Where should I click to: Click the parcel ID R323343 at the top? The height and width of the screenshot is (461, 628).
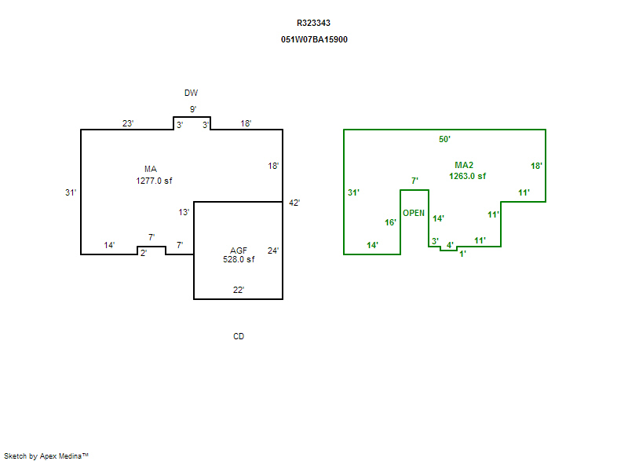click(313, 24)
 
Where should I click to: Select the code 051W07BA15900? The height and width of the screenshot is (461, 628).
click(313, 39)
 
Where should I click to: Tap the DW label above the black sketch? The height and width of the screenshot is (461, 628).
click(192, 93)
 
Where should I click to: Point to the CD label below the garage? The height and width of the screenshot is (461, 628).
click(239, 337)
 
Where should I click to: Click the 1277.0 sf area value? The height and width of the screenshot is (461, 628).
click(154, 181)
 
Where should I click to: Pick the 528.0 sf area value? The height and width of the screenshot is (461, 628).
click(239, 259)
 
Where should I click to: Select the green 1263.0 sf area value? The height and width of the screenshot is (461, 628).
click(467, 177)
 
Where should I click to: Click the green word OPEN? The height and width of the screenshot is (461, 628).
click(414, 214)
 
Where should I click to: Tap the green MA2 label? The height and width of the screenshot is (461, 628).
click(464, 166)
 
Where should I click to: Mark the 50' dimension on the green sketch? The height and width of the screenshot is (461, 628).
click(444, 140)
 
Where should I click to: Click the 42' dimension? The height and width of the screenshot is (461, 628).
click(294, 203)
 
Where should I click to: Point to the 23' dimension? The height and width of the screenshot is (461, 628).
click(128, 124)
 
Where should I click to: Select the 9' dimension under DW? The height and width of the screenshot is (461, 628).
click(192, 109)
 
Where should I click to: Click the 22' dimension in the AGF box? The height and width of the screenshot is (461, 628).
click(239, 290)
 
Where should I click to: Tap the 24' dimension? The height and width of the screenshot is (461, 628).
click(273, 251)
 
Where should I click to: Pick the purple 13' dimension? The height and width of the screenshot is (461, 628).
click(184, 213)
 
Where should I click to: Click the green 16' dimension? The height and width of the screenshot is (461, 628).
click(390, 223)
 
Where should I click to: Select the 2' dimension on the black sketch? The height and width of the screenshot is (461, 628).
click(144, 253)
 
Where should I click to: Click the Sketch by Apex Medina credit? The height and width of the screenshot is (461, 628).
click(46, 455)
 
